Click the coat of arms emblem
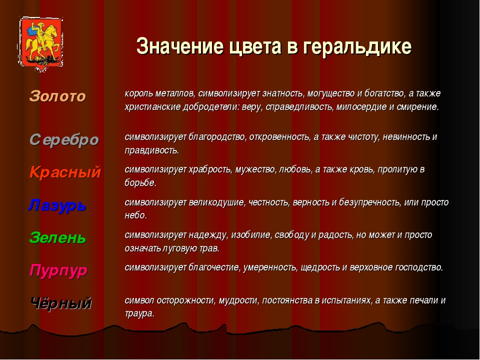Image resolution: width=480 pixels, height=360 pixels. [x=40, y=44]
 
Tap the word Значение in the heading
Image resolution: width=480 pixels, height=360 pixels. [x=180, y=46]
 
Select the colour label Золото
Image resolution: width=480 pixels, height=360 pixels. [x=57, y=96]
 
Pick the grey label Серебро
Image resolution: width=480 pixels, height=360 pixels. [x=64, y=140]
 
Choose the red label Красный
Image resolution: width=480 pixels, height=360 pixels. [x=65, y=172]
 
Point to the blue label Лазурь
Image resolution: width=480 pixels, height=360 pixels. [x=57, y=205]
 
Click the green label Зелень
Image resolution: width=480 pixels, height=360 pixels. [x=57, y=237]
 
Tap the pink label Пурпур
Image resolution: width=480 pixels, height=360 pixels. [x=58, y=270]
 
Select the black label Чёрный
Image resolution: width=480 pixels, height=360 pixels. [x=61, y=303]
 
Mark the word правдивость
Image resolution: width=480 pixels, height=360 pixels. [x=151, y=150]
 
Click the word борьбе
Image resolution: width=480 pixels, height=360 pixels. [x=140, y=183]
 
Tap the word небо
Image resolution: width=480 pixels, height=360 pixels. [x=135, y=215]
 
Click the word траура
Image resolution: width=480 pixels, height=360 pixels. [x=139, y=314]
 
